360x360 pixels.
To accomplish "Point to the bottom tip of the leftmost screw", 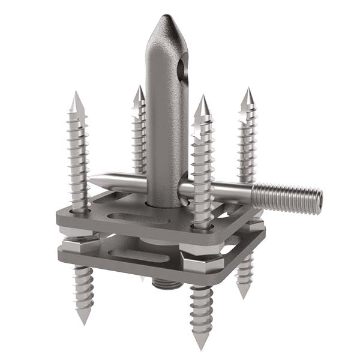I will (x=84, y=322).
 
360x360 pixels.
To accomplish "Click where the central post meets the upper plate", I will (x=167, y=204).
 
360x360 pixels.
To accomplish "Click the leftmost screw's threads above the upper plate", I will (x=79, y=156).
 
